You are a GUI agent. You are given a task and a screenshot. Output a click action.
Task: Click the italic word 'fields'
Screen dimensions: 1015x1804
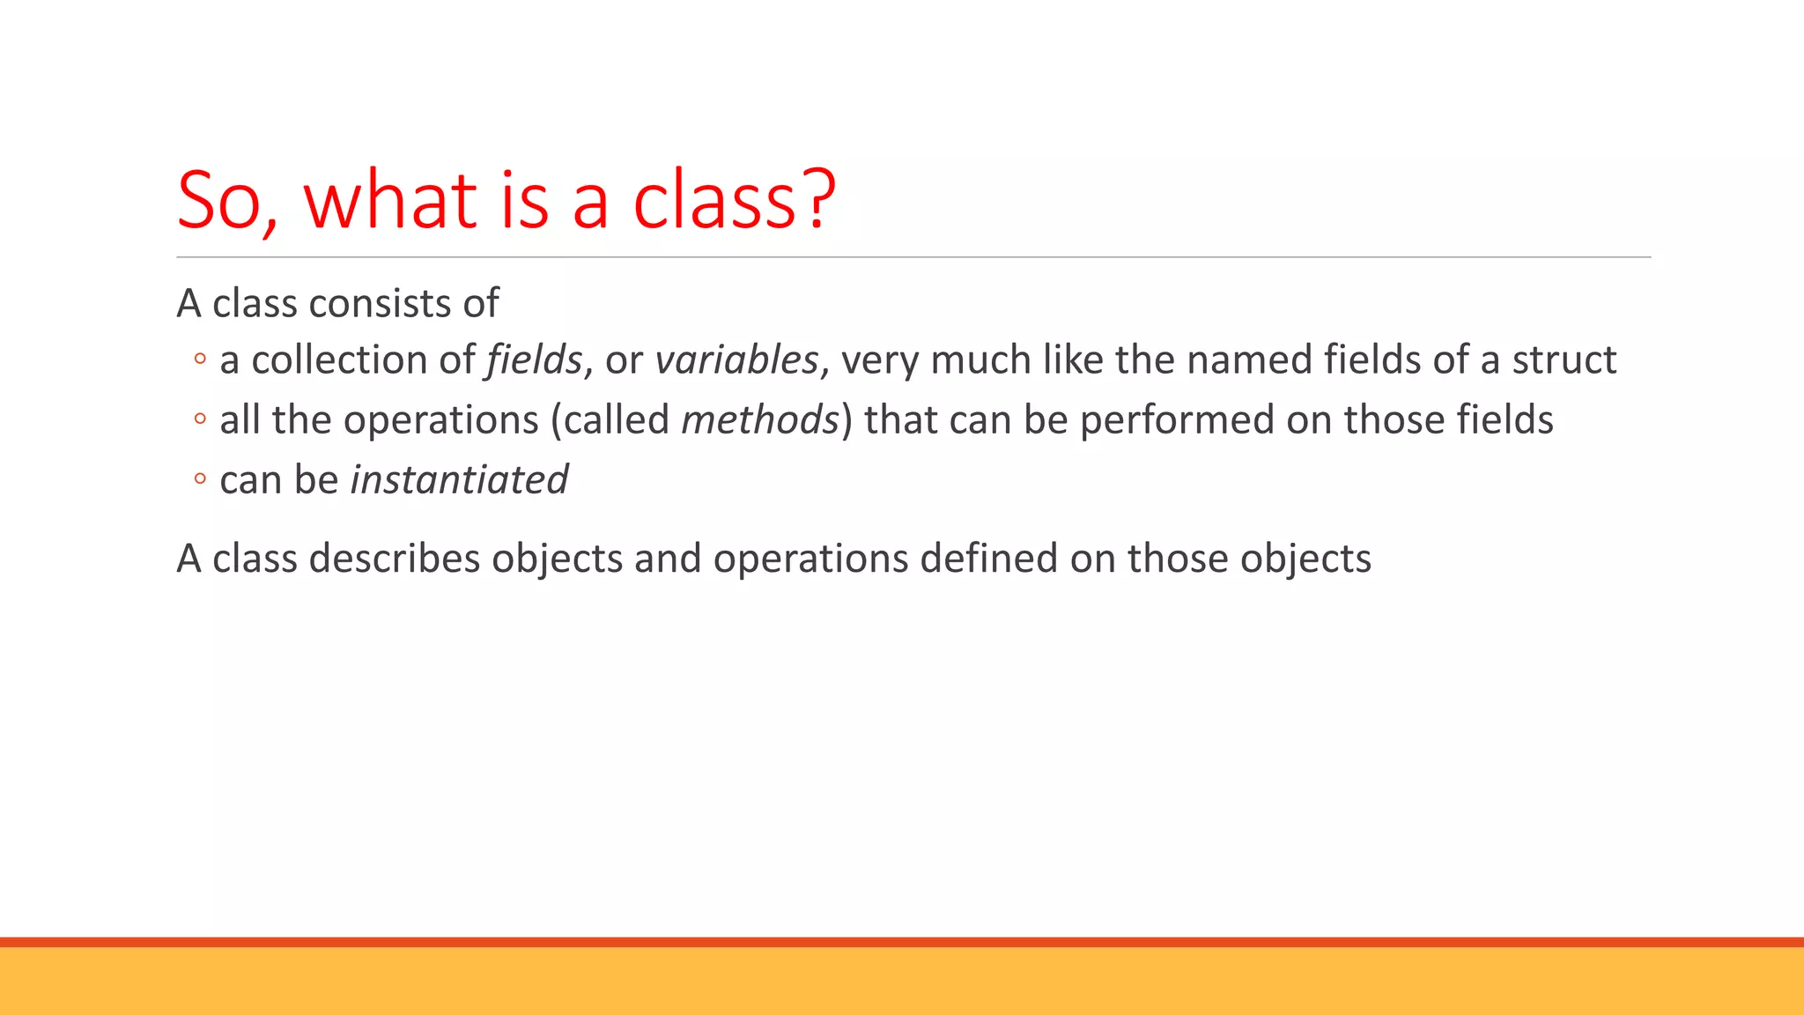[534, 359]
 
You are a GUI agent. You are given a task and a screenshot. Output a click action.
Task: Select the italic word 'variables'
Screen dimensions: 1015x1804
[736, 359]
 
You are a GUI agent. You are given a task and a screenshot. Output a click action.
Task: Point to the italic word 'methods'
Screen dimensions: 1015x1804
[760, 419]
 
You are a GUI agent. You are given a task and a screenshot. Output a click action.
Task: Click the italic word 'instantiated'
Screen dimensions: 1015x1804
[459, 480]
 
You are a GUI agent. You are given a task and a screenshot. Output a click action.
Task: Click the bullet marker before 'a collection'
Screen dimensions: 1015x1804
[200, 359]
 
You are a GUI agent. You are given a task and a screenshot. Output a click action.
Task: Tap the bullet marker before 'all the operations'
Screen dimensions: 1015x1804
[200, 419]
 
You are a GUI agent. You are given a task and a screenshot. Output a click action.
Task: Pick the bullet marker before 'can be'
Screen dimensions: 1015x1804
[200, 478]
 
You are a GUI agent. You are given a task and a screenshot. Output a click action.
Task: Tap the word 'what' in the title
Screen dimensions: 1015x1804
[389, 201]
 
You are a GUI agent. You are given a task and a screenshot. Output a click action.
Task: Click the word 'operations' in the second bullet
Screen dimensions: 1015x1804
[440, 419]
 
